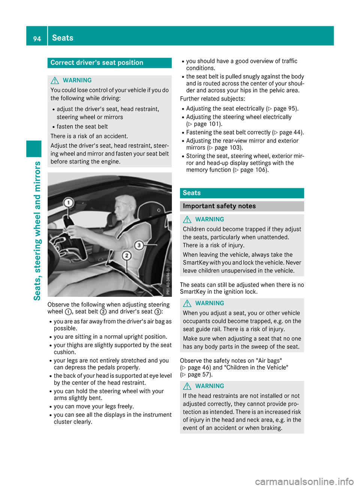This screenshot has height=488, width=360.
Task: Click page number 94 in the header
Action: (x=37, y=39)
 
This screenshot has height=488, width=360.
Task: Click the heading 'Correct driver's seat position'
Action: (x=97, y=63)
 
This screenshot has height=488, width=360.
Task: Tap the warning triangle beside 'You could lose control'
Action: (x=55, y=80)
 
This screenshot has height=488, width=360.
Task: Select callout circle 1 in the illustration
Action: (x=68, y=203)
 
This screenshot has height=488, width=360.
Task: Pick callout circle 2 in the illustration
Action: (x=127, y=256)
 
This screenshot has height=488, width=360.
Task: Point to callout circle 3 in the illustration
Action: (x=139, y=245)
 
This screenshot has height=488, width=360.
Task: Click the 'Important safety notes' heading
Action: (x=219, y=206)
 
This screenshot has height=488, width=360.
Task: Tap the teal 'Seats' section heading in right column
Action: (x=192, y=193)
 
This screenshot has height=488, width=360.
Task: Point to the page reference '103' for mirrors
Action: (x=234, y=148)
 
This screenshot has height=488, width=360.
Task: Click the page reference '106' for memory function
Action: (x=259, y=170)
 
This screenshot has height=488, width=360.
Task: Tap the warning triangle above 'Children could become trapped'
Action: (x=187, y=219)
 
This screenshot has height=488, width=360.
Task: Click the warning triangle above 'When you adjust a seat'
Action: (x=187, y=303)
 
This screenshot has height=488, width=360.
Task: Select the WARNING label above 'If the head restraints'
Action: (x=210, y=386)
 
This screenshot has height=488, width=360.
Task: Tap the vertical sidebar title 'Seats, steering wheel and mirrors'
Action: (x=37, y=231)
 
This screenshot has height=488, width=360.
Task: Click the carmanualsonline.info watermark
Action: (x=304, y=481)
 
